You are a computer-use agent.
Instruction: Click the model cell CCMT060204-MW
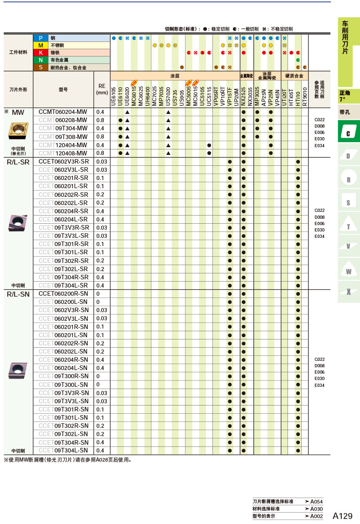tap(63, 112)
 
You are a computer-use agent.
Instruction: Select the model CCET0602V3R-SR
tap(63, 162)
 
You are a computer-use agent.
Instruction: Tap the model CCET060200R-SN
tap(63, 294)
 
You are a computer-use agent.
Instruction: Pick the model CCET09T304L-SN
tap(63, 451)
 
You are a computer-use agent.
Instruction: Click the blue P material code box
tap(41, 38)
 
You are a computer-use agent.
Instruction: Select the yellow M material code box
tap(41, 45)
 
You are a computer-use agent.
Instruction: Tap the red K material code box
tap(41, 52)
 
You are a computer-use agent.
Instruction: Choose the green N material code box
tap(41, 60)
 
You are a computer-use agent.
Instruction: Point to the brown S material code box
tap(41, 67)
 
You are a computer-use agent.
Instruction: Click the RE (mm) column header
tap(102, 89)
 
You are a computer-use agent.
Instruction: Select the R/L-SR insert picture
tap(18, 223)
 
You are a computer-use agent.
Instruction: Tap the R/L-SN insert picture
tap(18, 370)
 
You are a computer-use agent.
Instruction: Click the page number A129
tap(343, 516)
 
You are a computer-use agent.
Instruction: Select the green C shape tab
tap(349, 132)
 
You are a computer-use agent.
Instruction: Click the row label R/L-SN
tap(18, 294)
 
